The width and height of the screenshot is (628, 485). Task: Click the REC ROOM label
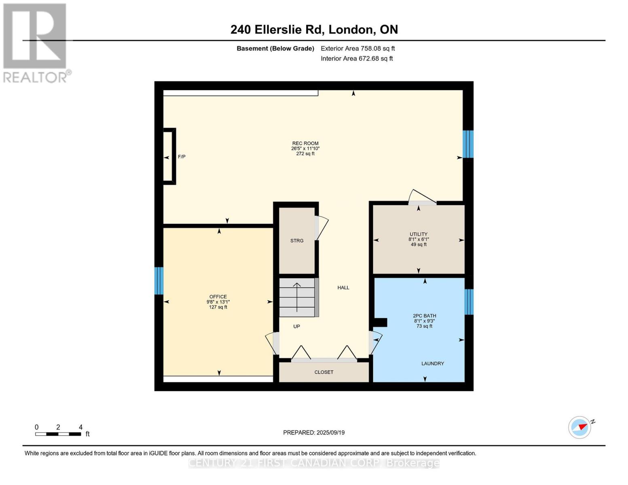[305, 143]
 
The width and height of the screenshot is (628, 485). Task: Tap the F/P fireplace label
[182, 157]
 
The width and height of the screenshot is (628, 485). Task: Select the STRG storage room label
[297, 241]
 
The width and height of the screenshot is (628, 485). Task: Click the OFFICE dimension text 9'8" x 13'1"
[218, 302]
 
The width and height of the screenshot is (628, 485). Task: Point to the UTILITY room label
[419, 234]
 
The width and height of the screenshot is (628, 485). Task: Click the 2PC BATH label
[424, 316]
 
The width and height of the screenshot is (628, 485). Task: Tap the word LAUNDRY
[433, 364]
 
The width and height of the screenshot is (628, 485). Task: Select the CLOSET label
[324, 372]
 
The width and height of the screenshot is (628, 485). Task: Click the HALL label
[343, 288]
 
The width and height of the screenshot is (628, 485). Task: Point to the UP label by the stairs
[296, 327]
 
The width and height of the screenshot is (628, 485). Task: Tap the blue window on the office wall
[159, 281]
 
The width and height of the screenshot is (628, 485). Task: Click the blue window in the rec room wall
[468, 144]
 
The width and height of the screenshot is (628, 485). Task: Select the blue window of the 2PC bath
[469, 302]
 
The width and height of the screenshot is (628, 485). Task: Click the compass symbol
[580, 427]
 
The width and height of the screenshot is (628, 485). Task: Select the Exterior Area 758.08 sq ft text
[357, 48]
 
